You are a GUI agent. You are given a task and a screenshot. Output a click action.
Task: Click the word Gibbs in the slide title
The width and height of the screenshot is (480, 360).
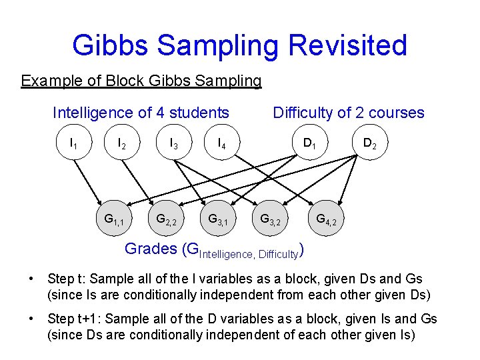pyautogui.click(x=114, y=45)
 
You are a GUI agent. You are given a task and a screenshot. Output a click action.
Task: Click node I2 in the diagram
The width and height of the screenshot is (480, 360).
pyautogui.click(x=123, y=143)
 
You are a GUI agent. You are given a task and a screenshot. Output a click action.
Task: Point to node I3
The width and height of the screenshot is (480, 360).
pyautogui.click(x=173, y=143)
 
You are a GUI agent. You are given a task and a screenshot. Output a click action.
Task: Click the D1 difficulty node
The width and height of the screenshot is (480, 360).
pyautogui.click(x=310, y=143)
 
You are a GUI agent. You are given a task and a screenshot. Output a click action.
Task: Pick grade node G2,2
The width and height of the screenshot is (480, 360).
pyautogui.click(x=166, y=219)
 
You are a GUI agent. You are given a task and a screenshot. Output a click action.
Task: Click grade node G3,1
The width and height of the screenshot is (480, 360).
pyautogui.click(x=219, y=219)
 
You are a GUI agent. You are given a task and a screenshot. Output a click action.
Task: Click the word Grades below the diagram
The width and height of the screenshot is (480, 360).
pyautogui.click(x=150, y=249)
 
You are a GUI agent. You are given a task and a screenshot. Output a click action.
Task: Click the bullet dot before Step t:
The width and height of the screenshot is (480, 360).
pyautogui.click(x=31, y=279)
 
